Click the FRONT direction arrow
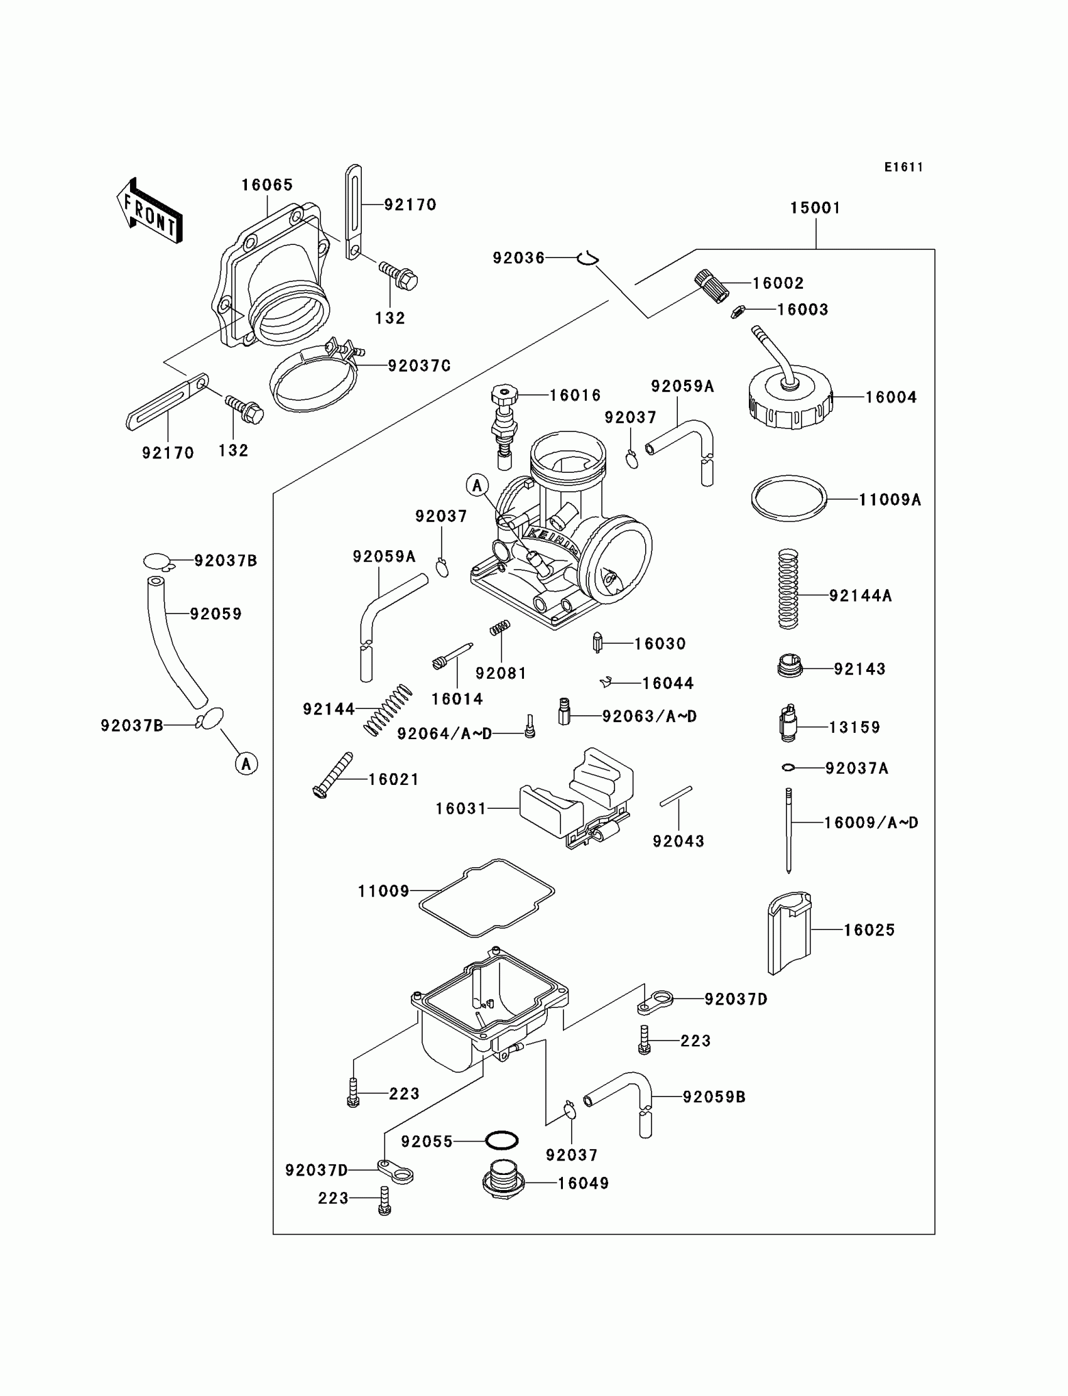(150, 211)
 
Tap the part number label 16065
(267, 185)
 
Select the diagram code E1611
(903, 167)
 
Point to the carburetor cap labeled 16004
(790, 398)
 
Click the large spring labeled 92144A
(788, 589)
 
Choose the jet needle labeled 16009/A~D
(789, 830)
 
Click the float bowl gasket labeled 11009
(486, 897)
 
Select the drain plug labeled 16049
(503, 1182)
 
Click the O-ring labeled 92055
(501, 1140)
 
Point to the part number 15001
(815, 208)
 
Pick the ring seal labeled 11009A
(789, 499)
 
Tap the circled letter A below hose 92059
(247, 763)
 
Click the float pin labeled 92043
(676, 796)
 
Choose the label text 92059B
(714, 1096)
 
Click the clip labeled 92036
(588, 257)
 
